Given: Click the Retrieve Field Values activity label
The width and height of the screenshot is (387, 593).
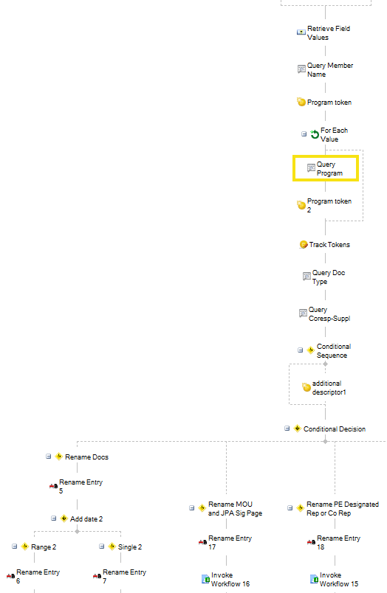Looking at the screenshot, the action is click(x=329, y=33).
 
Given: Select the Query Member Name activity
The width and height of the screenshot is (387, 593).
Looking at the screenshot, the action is click(x=325, y=70).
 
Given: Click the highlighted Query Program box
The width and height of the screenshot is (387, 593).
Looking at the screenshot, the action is click(x=326, y=168).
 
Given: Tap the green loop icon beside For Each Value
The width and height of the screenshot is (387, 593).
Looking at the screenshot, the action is click(x=315, y=134).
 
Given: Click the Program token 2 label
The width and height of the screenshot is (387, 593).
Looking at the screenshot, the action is click(x=329, y=205).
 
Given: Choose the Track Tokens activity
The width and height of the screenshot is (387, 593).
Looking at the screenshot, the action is click(x=324, y=245).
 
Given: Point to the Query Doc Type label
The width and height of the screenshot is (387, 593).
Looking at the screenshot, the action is click(x=329, y=277).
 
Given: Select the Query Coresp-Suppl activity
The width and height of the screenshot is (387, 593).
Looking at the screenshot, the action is click(x=324, y=314).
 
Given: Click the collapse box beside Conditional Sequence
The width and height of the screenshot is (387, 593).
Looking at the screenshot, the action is click(x=301, y=350).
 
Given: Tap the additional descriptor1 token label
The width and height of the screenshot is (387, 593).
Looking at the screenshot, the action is click(x=329, y=388).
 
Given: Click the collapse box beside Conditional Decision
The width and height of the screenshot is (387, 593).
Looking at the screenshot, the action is click(x=287, y=429).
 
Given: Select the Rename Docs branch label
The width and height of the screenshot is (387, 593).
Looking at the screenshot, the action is click(x=86, y=457).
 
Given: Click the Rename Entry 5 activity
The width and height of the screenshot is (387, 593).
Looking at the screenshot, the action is click(x=76, y=486).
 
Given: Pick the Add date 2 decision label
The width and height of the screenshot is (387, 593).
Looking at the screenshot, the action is click(x=86, y=519).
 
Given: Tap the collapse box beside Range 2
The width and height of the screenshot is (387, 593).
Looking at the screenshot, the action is click(x=14, y=547).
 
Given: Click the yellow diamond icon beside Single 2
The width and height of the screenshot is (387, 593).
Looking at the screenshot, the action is click(x=112, y=547).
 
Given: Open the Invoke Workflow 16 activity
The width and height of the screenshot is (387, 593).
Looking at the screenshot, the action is click(x=226, y=580).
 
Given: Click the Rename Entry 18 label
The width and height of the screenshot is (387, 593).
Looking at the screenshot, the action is click(x=338, y=542).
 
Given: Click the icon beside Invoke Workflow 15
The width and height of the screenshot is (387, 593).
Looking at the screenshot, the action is click(x=314, y=579).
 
